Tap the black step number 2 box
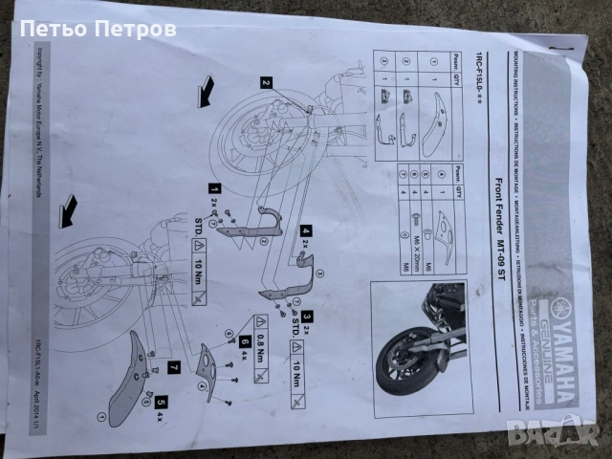[266, 83]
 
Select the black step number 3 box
[307, 315]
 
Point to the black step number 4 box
[306, 230]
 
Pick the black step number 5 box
[161, 403]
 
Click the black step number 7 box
[173, 365]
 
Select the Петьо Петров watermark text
[98, 30]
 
